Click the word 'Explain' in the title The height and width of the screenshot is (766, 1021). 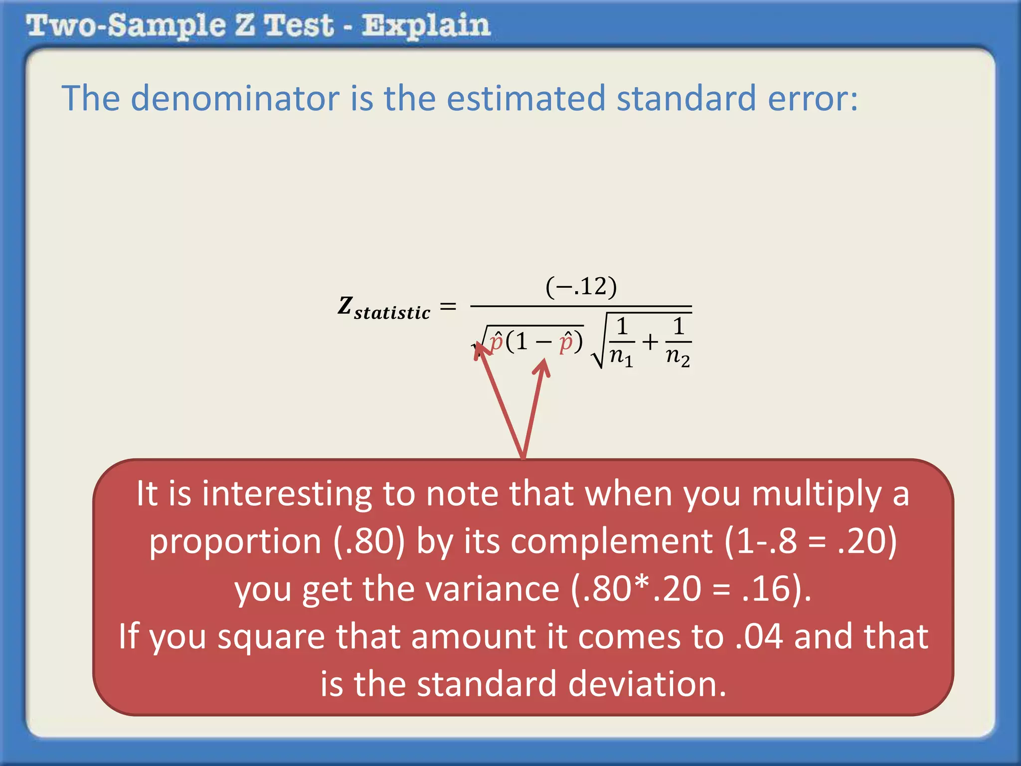426,26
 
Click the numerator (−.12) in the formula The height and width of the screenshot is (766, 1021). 581,287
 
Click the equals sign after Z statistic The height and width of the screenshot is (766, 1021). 448,306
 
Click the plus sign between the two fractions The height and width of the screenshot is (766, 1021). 650,342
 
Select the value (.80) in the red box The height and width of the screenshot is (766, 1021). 369,541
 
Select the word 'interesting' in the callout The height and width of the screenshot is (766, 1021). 287,494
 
